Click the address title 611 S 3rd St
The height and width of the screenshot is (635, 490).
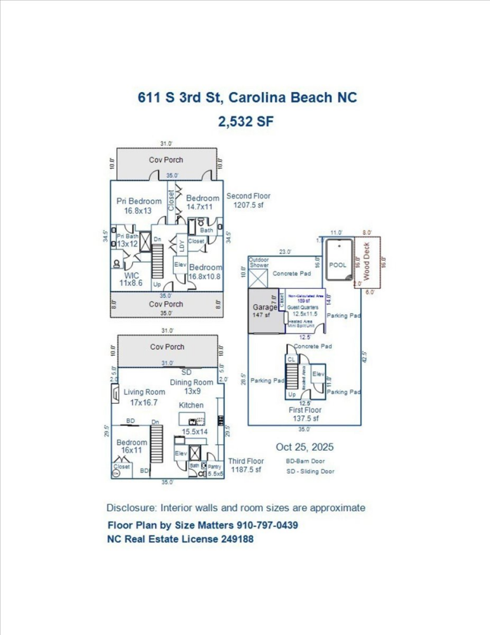[248, 97]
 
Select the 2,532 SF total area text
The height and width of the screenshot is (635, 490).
[246, 121]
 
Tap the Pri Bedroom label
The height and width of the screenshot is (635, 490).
[139, 206]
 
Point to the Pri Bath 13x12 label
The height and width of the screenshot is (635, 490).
[127, 240]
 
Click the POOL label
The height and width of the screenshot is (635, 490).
[338, 265]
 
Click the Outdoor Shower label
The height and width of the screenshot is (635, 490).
[258, 262]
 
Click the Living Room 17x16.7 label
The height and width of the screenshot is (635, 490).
[145, 397]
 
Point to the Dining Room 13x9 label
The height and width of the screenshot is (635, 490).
[191, 386]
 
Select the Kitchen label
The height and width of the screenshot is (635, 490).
[191, 405]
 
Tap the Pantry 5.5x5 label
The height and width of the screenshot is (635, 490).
[215, 470]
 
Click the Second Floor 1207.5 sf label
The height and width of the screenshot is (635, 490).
[248, 201]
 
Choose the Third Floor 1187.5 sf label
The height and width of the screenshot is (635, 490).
[246, 465]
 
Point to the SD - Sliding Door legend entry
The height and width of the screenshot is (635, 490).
[310, 471]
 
